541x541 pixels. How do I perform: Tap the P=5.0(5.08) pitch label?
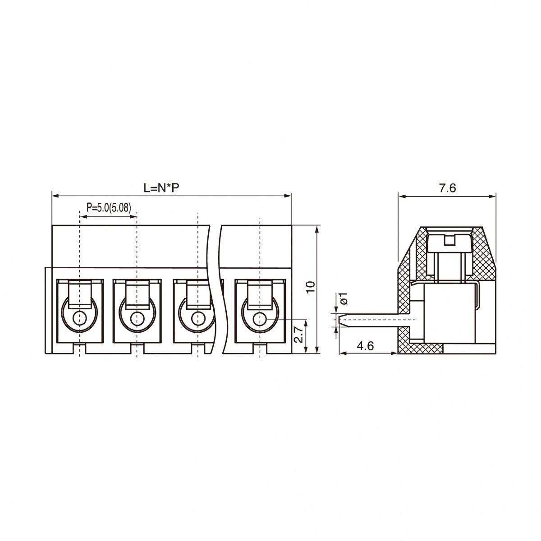coord(109,207)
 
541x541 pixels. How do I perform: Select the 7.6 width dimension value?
coord(448,188)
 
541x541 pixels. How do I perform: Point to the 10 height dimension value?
coord(311,287)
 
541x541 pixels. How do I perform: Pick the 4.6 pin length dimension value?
coord(365,346)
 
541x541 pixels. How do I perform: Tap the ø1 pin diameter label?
coord(344,298)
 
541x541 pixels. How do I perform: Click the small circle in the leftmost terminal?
coord(80,318)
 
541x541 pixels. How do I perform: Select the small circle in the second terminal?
coord(137,318)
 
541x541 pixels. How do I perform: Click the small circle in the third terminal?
coord(197,318)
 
